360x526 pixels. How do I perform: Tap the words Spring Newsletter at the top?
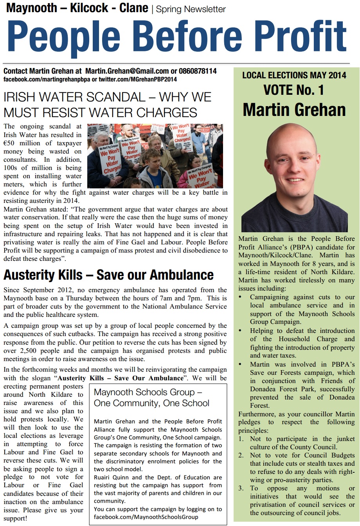click(191, 9)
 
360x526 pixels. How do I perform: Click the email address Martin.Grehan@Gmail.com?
click(127, 71)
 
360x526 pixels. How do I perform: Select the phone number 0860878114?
click(198, 71)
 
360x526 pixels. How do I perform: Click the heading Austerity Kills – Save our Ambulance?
click(108, 275)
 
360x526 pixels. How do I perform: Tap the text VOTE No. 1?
click(293, 90)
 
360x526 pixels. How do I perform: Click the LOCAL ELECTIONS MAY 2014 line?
click(294, 75)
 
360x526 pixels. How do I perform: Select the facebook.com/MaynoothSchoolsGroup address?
click(146, 517)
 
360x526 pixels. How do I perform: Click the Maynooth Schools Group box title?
click(151, 398)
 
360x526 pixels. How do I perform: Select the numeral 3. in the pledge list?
click(241, 488)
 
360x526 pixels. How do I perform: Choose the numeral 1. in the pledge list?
click(241, 439)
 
